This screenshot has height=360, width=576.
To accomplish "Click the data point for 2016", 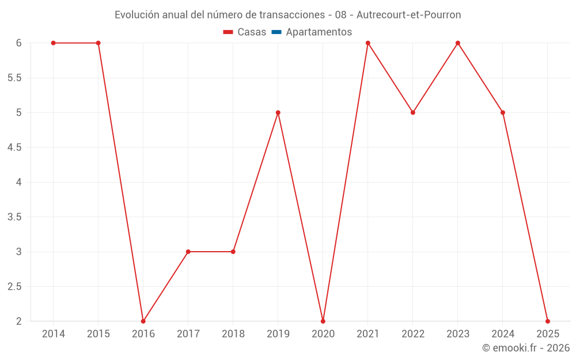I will click(x=143, y=321).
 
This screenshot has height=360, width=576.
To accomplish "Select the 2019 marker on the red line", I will click(x=278, y=112).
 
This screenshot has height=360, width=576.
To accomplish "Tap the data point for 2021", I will click(x=368, y=43).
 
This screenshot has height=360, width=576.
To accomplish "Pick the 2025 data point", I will click(x=548, y=321).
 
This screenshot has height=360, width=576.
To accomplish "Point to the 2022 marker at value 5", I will click(x=413, y=112).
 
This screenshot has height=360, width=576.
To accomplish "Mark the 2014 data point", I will click(x=54, y=43).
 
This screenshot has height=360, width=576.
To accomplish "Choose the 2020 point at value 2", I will click(x=323, y=321).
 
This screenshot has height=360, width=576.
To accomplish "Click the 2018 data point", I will click(x=233, y=252).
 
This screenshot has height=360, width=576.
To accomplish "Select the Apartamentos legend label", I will click(x=319, y=32).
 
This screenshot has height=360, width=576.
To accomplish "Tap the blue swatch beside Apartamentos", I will click(x=276, y=32).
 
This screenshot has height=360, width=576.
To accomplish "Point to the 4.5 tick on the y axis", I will click(x=14, y=147).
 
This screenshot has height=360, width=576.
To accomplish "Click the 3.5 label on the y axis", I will click(x=14, y=217).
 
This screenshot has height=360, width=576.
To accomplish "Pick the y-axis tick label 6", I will click(x=19, y=43).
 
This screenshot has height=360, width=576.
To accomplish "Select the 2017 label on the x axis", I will click(x=188, y=334).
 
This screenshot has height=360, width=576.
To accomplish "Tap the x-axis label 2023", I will click(x=458, y=334).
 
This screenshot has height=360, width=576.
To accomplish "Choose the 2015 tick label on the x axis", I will click(x=98, y=334).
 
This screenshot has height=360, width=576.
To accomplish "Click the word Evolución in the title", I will click(x=136, y=15).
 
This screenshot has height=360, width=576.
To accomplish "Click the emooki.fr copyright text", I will click(x=526, y=348).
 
